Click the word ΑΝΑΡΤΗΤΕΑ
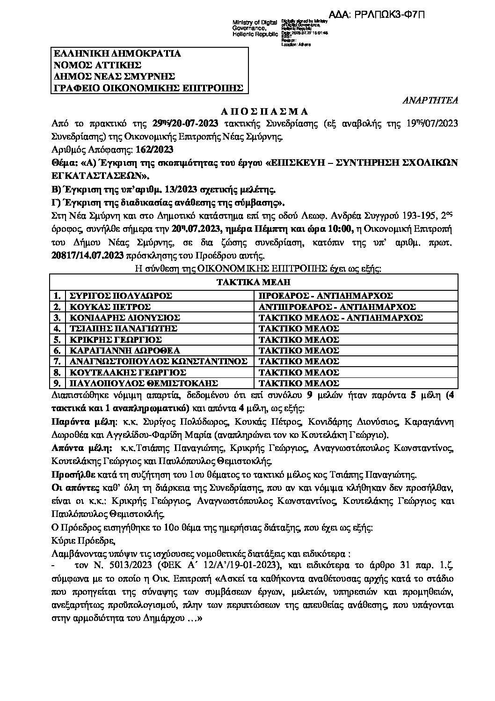[430, 100]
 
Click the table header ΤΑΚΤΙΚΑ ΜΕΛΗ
[253, 282]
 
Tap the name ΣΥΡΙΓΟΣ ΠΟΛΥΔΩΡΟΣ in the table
[121, 296]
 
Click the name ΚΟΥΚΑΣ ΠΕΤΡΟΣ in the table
[109, 307]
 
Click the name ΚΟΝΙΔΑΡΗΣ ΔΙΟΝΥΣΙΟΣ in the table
[124, 318]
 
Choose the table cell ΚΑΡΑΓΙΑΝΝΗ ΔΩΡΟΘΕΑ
[124, 351]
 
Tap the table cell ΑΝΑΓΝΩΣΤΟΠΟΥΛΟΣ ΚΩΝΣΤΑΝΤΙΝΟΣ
[158, 362]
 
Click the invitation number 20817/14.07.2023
[87, 256]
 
